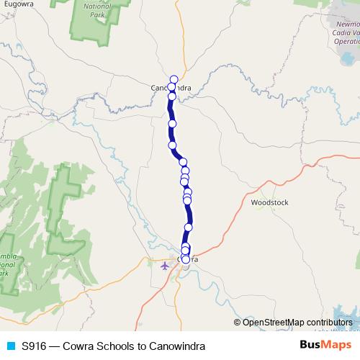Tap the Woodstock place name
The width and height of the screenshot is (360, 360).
tap(269, 203)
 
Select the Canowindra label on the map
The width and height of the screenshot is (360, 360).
tap(158, 88)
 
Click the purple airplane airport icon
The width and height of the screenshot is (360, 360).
tap(166, 266)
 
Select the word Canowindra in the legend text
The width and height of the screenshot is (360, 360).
tap(171, 346)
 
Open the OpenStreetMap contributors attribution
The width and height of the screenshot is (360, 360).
tap(302, 322)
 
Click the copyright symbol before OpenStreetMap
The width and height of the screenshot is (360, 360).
tap(238, 322)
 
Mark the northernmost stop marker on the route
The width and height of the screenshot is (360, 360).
tap(174, 79)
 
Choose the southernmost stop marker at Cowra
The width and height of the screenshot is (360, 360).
tap(186, 259)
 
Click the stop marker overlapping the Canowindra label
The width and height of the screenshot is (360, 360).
tap(172, 88)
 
